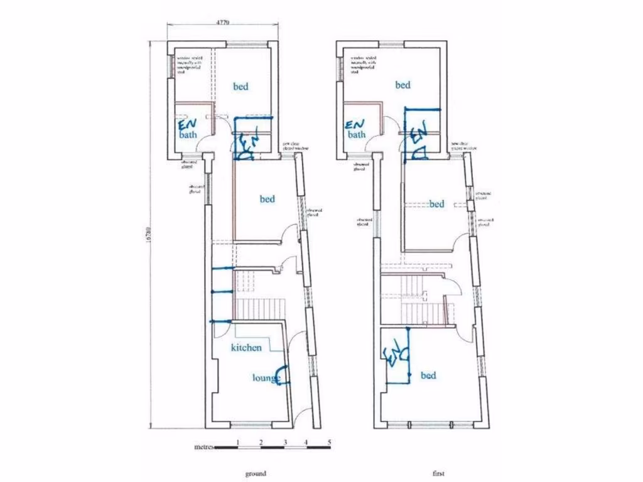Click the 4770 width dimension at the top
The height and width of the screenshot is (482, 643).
pos(223,22)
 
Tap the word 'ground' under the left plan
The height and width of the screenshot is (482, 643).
pos(256,473)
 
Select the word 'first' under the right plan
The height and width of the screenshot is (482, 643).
pos(439,473)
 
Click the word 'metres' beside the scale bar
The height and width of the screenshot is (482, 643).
pos(204,447)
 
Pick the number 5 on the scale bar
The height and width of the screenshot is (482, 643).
pos(328,442)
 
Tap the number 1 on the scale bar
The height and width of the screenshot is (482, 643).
pos(238,442)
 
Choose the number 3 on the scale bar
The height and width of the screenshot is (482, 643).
pos(284,442)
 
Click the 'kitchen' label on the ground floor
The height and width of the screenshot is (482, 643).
pos(246,347)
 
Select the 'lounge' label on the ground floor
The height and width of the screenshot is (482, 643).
pos(265,378)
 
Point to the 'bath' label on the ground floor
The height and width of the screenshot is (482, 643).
pos(187,135)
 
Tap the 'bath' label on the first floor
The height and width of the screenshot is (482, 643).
pos(357,134)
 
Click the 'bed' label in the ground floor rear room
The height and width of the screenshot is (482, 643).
pos(240,87)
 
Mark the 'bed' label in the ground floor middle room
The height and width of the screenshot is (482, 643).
pos(267,199)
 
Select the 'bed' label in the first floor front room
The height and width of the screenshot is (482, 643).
pos(428,375)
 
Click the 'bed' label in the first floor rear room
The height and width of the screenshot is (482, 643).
pos(403,85)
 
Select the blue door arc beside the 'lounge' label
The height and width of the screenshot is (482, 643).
pos(284,375)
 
